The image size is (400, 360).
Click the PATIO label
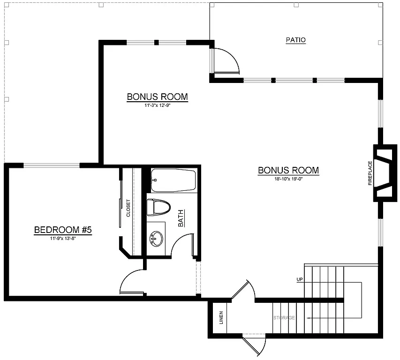coord(295,40)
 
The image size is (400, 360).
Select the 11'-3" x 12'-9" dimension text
coord(157,105)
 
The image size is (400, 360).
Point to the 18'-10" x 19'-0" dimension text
coord(288,179)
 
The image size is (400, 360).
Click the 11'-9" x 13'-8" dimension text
coord(62,238)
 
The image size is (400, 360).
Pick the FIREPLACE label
coord(370,173)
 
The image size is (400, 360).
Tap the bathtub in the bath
coord(173,180)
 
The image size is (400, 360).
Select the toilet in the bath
coord(158,207)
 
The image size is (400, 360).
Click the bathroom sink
coord(155,239)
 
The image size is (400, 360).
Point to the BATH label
coord(181,218)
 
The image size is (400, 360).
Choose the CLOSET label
coord(128,209)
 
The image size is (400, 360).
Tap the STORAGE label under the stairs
coord(284,318)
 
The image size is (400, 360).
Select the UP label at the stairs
coord(300,280)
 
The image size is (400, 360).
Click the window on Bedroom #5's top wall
coord(52,165)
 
